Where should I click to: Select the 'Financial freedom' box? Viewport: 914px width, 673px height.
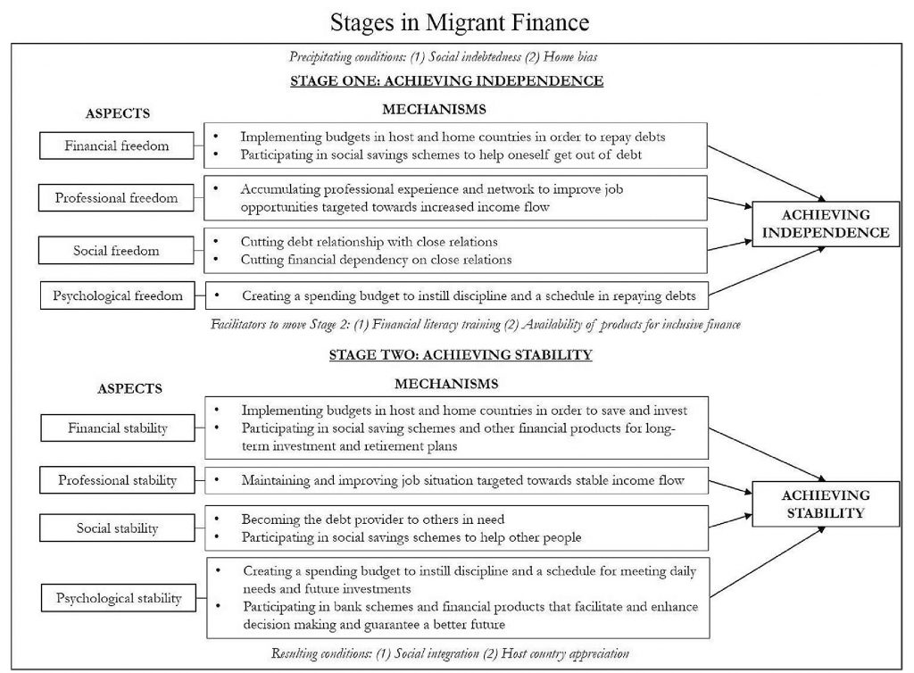(116, 145)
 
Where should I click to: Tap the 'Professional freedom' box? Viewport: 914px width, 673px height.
(116, 197)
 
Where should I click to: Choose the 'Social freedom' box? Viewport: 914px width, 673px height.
(116, 251)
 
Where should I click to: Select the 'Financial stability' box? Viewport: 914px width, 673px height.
(118, 428)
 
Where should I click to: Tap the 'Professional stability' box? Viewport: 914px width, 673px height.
(118, 480)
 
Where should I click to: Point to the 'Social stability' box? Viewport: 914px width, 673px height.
(117, 528)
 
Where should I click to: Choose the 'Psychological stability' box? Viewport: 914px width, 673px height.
(119, 597)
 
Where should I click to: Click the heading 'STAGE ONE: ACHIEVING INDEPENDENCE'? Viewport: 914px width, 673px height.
(447, 81)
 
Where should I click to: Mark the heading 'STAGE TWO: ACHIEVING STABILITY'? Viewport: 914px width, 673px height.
(460, 354)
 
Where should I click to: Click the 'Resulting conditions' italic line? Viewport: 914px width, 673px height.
(450, 653)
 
